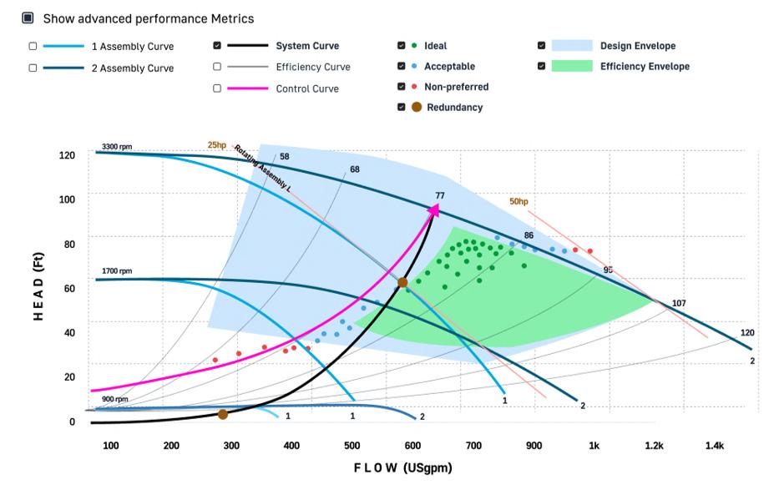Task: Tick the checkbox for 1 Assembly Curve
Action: (x=33, y=46)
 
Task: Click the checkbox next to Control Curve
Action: (x=217, y=88)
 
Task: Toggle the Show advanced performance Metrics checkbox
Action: (x=28, y=18)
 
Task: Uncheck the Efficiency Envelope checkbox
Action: (x=542, y=66)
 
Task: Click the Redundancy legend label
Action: (x=454, y=107)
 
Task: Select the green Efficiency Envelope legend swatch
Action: (x=572, y=66)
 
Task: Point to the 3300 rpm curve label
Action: (x=117, y=147)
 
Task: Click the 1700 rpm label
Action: (x=117, y=271)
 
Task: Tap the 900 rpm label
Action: (x=115, y=399)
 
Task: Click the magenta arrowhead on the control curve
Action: (x=433, y=210)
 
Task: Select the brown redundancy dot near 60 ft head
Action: (x=402, y=282)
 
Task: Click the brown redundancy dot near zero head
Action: (x=223, y=415)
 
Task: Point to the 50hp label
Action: (x=519, y=201)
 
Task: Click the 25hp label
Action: (x=217, y=145)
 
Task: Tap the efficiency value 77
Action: (x=440, y=195)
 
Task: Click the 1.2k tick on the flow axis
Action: (x=654, y=446)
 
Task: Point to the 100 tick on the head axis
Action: (x=67, y=200)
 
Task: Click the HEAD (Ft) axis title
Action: (x=38, y=286)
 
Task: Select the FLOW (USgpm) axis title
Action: (x=402, y=467)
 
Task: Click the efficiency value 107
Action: (x=679, y=303)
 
